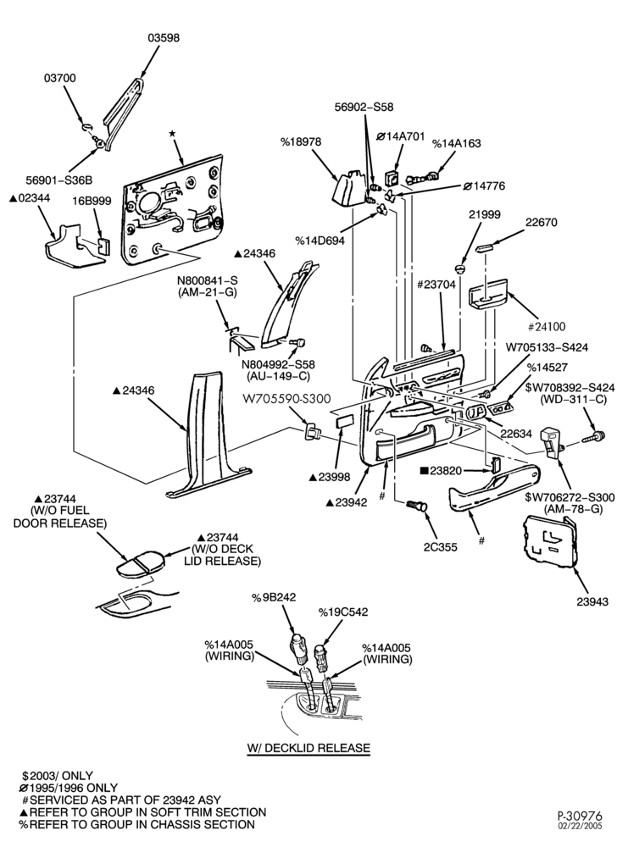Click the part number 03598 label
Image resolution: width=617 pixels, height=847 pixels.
164,38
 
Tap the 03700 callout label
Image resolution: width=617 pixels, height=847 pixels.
60,78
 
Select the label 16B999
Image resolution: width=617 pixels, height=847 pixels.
92,201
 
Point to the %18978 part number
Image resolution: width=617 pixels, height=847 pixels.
301,141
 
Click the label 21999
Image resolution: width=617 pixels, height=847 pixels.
484,215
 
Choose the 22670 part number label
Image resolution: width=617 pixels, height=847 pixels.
542,223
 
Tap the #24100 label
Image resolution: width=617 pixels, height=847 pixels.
546,326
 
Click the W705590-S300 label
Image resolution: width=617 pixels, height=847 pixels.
286,399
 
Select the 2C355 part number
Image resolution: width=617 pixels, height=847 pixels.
441,547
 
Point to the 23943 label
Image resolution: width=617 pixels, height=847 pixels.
592,601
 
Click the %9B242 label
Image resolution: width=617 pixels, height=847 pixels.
274,597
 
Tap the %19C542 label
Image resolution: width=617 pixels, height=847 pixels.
342,612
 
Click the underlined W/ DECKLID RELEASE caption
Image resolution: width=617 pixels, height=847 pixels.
309,748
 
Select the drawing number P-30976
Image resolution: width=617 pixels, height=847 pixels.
580,816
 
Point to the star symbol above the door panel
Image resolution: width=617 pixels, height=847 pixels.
172,133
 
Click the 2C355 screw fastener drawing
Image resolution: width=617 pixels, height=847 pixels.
416,507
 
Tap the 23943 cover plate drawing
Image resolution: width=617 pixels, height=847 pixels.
548,543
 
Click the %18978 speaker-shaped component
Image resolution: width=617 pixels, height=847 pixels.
348,188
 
